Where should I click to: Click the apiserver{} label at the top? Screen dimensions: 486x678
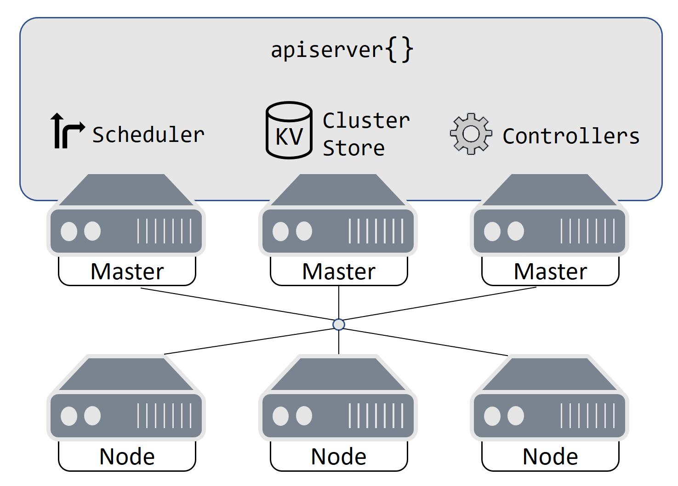pos(342,50)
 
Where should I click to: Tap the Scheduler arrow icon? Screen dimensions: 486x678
pos(67,131)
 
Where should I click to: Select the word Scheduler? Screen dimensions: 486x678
pos(148,135)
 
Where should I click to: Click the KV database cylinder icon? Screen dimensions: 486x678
pos(289,130)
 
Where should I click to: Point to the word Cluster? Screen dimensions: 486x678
pos(366,121)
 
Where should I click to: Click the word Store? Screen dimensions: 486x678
pos(353,148)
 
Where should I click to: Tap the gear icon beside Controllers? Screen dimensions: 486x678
pos(471,134)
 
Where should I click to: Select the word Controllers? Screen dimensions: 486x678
pos(571,136)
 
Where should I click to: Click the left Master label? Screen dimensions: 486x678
pos(127,271)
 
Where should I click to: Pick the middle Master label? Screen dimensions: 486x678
pos(339,271)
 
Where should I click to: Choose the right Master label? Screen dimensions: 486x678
pos(550,271)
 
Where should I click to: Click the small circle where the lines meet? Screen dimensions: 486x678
pos(339,325)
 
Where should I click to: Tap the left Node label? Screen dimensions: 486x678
pos(127,457)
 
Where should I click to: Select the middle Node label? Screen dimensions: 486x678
pos(339,457)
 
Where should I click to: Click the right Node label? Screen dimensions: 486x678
pos(550,457)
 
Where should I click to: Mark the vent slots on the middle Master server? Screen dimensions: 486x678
pos(376,231)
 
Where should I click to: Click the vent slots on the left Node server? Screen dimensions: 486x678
pos(164,416)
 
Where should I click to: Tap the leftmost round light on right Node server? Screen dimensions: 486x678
pos(492,416)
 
